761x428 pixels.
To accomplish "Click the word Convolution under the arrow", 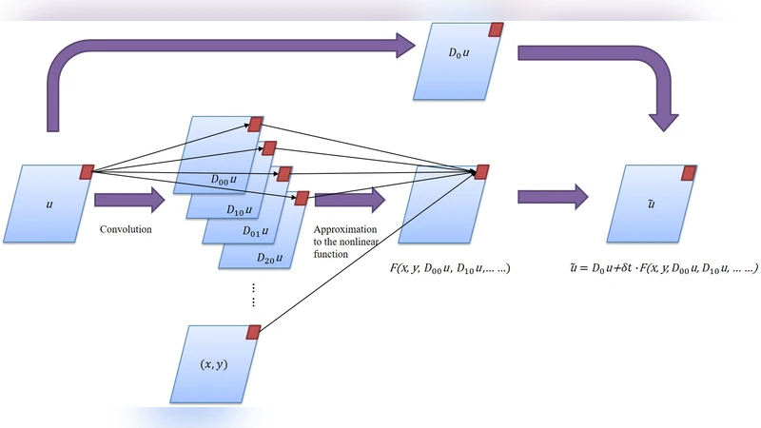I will point(127,229).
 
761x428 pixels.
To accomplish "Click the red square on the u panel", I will point(87,171).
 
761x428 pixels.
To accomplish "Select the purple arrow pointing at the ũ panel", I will point(553,198).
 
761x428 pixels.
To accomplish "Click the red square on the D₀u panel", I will point(496,29).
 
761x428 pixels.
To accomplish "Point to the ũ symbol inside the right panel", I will point(649,204).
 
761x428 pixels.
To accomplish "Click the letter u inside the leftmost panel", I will point(49,204).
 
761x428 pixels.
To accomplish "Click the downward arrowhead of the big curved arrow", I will point(663,121).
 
